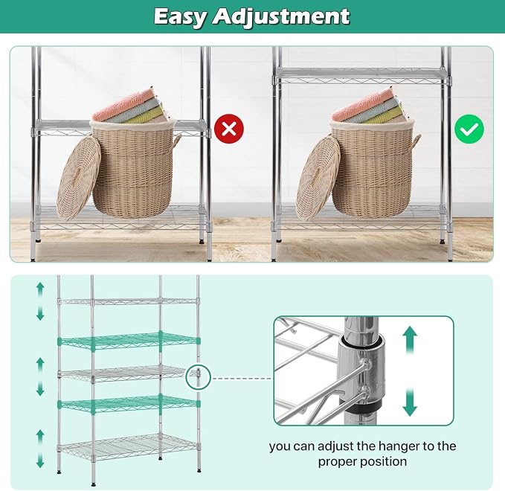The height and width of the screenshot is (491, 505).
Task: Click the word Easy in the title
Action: pyautogui.click(x=179, y=17)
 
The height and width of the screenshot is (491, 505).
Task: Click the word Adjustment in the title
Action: pyautogui.click(x=281, y=17)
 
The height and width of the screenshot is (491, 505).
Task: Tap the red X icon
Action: pyautogui.click(x=229, y=129)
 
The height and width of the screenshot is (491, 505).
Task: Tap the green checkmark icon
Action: pyautogui.click(x=469, y=129)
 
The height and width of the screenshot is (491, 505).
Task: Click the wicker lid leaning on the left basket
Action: pyautogui.click(x=79, y=178)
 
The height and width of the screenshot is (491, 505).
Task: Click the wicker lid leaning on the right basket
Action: pyautogui.click(x=318, y=178)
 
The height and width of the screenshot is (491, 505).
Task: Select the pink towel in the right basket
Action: pyautogui.click(x=363, y=103)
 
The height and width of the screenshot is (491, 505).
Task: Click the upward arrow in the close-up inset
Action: pyautogui.click(x=410, y=340)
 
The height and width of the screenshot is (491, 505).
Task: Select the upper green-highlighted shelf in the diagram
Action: pyautogui.click(x=129, y=341)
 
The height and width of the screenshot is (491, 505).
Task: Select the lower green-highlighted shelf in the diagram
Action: pyautogui.click(x=129, y=403)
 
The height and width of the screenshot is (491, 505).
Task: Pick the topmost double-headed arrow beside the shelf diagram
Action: pyautogui.click(x=40, y=301)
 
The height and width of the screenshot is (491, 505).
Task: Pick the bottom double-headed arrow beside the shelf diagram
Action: pyautogui.click(x=40, y=449)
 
